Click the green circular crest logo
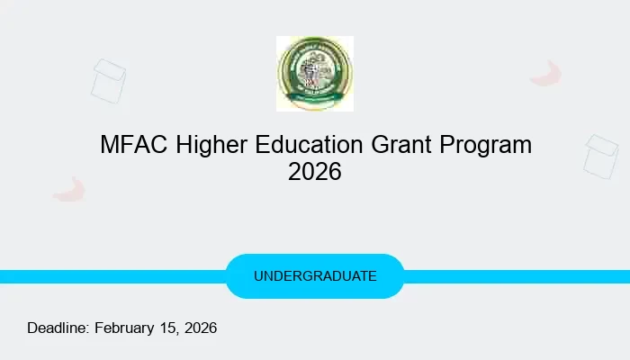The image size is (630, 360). click(314, 74)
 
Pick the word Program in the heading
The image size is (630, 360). click(485, 145)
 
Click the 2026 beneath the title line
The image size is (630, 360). click(315, 171)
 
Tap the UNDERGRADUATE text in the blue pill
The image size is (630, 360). click(315, 276)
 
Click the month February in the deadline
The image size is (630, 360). click(125, 328)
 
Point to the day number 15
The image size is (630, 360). click(168, 328)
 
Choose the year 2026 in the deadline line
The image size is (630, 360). click(200, 328)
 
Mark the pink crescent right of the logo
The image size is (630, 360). click(546, 74)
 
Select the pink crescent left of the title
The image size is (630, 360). click(68, 189)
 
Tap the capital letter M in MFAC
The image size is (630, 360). click(109, 145)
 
